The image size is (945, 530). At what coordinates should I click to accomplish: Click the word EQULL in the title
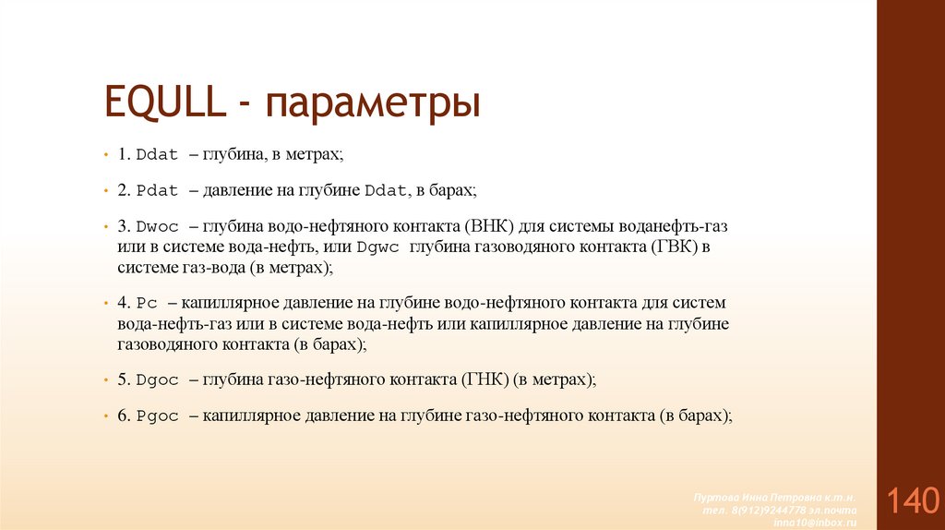click(x=167, y=102)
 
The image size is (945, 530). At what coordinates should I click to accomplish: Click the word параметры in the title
click(x=374, y=104)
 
